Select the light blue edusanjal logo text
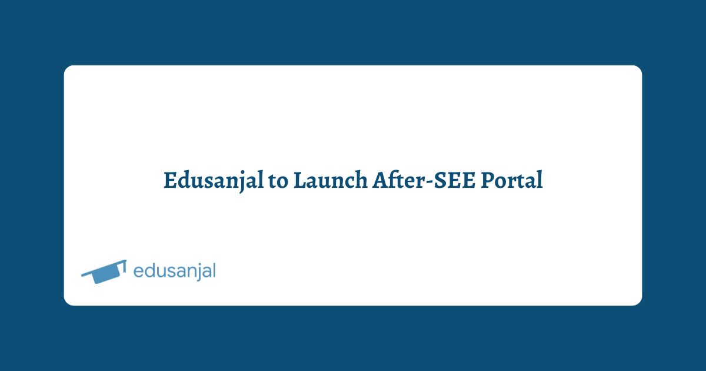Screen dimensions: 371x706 pyautogui.click(x=174, y=271)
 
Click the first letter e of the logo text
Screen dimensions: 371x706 pyautogui.click(x=139, y=272)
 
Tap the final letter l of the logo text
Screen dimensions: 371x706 pyautogui.click(x=213, y=270)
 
